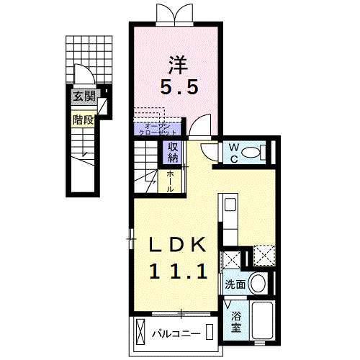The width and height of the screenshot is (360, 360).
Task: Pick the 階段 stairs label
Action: (82, 120)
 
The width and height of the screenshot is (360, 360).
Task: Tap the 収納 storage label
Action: (173, 153)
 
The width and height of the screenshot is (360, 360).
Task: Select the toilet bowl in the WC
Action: (253, 153)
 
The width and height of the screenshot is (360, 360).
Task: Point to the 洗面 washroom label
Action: (235, 284)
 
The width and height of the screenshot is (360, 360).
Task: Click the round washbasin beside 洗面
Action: (260, 284)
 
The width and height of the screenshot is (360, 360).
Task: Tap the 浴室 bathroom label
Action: (236, 321)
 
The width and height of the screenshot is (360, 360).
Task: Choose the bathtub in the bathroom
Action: (262, 323)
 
